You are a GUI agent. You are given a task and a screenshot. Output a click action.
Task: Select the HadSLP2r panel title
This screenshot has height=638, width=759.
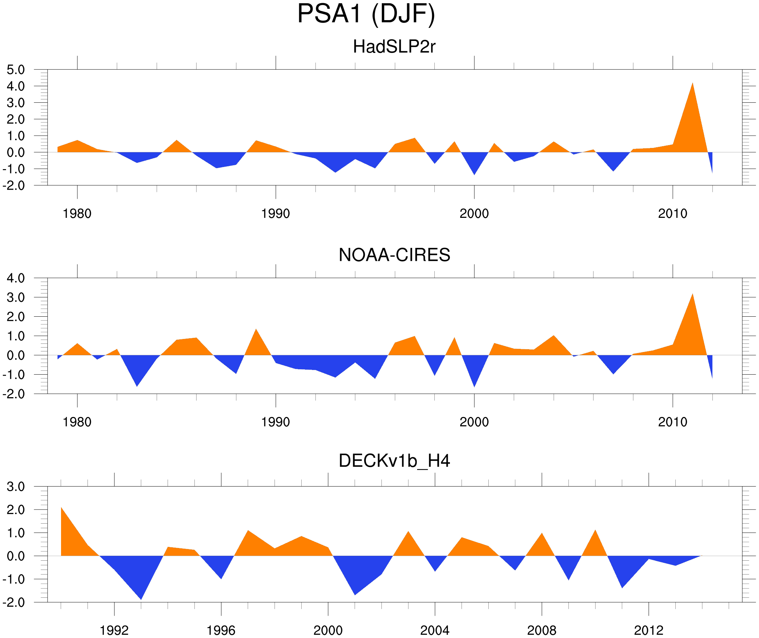pos(394,47)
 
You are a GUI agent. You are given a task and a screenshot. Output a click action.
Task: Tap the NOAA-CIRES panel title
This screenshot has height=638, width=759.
pos(394,255)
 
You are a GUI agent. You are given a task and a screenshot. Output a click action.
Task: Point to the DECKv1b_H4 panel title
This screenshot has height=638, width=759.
pos(394,461)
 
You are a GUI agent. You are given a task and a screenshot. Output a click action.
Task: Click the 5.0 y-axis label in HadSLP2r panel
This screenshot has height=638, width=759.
pos(16,70)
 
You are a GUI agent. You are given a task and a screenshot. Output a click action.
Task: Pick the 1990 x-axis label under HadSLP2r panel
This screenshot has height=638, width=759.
pos(276,214)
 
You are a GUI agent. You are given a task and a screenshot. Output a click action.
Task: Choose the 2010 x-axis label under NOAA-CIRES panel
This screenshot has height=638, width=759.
pos(672,422)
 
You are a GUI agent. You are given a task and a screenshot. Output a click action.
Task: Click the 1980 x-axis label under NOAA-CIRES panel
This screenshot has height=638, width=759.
pos(77,422)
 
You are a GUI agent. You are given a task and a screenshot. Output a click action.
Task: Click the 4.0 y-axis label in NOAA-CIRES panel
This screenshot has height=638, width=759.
pos(16,278)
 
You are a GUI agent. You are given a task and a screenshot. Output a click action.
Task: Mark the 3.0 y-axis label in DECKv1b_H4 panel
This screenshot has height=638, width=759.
pos(16,487)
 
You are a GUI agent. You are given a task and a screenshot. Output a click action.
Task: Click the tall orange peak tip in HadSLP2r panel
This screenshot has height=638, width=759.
pos(692,84)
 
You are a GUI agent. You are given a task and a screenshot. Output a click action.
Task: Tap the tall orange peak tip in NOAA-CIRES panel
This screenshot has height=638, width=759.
pos(692,295)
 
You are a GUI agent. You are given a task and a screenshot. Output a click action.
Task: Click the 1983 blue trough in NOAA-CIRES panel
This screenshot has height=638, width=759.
pos(137,385)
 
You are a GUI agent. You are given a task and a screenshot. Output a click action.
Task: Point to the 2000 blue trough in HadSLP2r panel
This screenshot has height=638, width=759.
pos(474,174)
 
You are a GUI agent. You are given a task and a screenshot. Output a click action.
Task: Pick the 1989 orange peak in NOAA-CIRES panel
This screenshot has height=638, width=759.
pos(256,330)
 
